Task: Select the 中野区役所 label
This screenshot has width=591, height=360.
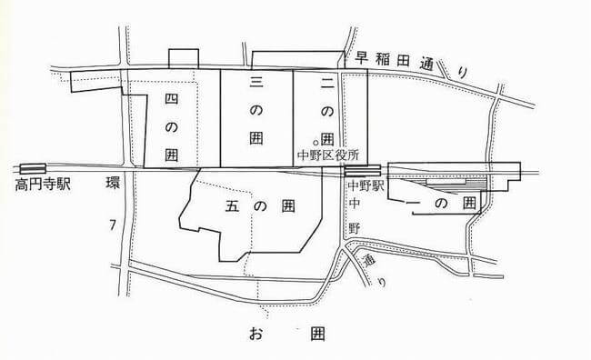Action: (x=330, y=155)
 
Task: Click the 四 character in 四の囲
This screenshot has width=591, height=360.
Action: (x=171, y=97)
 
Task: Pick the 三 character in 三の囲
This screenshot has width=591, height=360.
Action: (x=256, y=83)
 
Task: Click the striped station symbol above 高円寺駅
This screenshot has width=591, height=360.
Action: (x=33, y=168)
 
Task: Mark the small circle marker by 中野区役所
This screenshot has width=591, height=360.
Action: (x=316, y=143)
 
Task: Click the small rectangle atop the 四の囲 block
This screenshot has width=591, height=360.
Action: (x=182, y=57)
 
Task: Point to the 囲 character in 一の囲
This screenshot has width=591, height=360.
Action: (x=467, y=204)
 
